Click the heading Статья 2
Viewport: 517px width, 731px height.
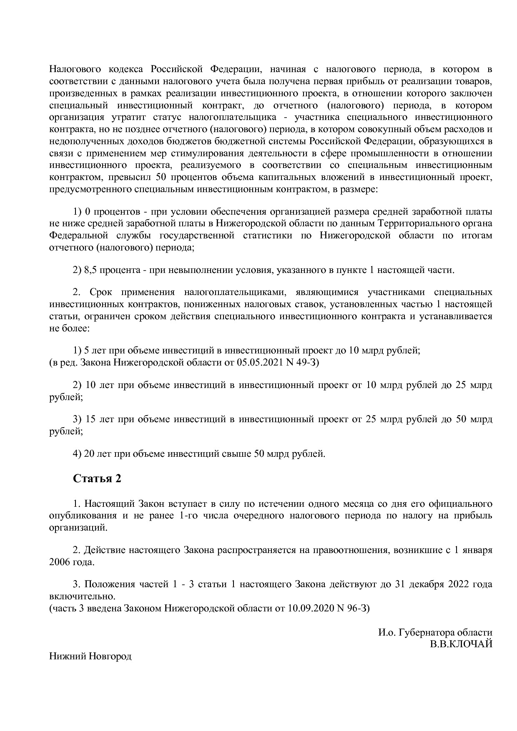point(97,478)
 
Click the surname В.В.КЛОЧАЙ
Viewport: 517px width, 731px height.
point(462,644)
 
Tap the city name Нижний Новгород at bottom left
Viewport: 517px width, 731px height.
point(90,656)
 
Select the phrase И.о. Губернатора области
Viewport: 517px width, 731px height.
point(435,632)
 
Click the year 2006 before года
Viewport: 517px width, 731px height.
point(59,562)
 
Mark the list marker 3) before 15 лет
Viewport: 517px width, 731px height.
point(77,419)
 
